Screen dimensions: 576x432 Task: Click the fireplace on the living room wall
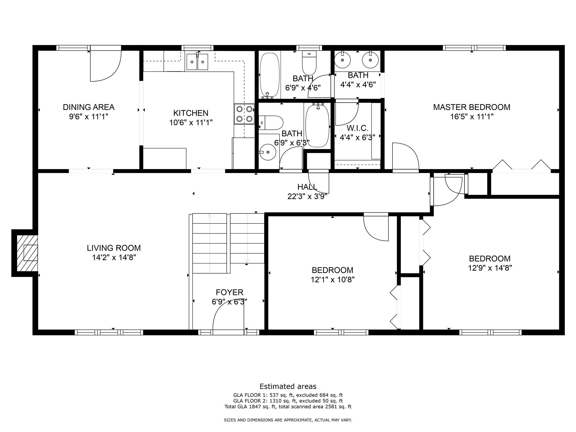pos(27,253)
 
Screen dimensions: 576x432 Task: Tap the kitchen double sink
pos(197,62)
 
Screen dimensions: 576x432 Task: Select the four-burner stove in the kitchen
pos(244,114)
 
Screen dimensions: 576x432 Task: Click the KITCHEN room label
pos(191,113)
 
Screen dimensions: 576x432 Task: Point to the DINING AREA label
pos(89,107)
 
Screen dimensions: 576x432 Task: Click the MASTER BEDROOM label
pos(472,107)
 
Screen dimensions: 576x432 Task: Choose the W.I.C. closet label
pos(357,128)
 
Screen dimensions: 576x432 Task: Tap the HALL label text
pos(307,187)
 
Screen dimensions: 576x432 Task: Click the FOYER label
pos(229,292)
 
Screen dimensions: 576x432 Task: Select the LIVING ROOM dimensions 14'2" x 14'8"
pos(114,257)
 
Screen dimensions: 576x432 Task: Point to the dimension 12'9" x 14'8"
pos(490,268)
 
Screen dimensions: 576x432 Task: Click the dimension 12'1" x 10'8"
pos(332,280)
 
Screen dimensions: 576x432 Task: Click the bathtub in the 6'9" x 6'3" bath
pos(317,125)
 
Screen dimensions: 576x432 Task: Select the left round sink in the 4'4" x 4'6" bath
pos(343,59)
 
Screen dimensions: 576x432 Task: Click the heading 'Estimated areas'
pos(288,386)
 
